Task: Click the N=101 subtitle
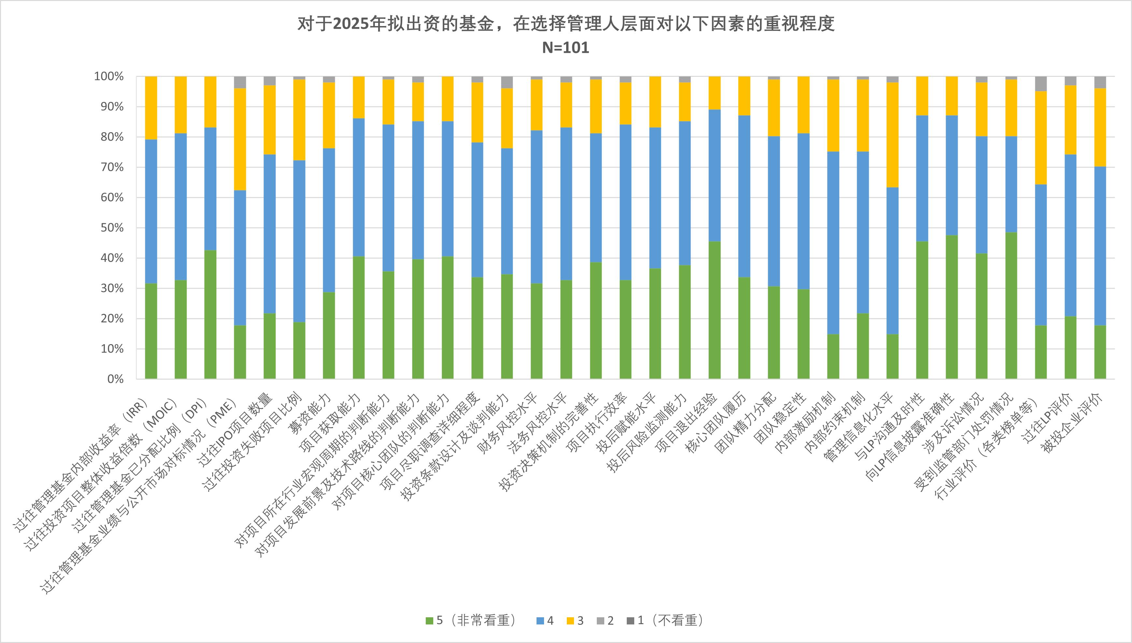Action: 566,48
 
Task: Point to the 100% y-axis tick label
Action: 109,77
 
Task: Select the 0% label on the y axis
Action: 116,379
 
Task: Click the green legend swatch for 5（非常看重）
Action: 429,621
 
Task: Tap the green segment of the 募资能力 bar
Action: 329,336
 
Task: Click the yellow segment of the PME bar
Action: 240,139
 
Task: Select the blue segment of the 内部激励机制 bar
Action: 833,243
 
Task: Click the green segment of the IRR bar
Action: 151,331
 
